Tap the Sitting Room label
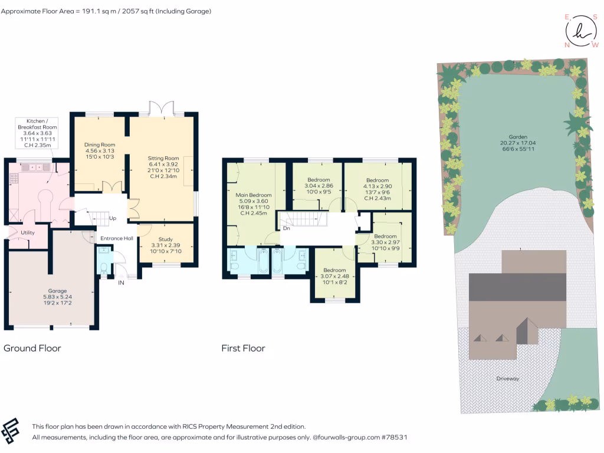[x=163, y=158]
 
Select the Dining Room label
[x=99, y=145]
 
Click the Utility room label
[x=28, y=232]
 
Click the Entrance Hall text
[x=116, y=238]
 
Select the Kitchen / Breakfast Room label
[x=37, y=123]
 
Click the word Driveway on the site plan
[x=507, y=379]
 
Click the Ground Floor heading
[x=32, y=348]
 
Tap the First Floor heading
[x=243, y=348]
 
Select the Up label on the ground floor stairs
[x=111, y=218]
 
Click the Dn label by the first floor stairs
[x=286, y=228]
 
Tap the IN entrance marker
[x=122, y=283]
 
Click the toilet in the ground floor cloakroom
[x=104, y=269]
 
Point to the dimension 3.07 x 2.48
[x=335, y=276]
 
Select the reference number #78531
[x=393, y=438]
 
